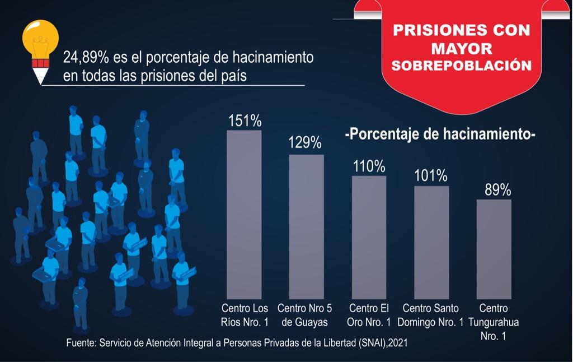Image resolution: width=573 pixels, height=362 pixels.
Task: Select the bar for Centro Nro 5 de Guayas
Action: click(306, 226)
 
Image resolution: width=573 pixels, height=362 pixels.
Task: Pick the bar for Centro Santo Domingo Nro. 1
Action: click(431, 242)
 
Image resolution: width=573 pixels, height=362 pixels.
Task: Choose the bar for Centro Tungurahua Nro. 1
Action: click(494, 249)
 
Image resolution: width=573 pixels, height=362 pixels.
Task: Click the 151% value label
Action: click(245, 121)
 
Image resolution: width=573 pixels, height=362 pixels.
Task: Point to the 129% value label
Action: click(305, 143)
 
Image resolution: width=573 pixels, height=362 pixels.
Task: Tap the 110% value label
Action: click(369, 166)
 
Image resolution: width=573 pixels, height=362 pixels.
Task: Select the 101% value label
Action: click(431, 176)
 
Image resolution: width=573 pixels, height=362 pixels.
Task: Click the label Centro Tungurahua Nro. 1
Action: click(494, 322)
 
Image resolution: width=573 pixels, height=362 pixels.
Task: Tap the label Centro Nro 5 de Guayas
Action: click(305, 315)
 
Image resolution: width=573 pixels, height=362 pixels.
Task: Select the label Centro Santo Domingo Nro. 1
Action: click(431, 315)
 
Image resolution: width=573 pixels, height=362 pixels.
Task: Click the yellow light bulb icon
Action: click(40, 39)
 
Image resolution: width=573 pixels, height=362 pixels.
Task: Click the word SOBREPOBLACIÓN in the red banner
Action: click(462, 66)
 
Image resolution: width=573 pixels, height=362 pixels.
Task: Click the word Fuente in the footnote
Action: click(80, 342)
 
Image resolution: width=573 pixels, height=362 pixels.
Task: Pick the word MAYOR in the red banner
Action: click(462, 48)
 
